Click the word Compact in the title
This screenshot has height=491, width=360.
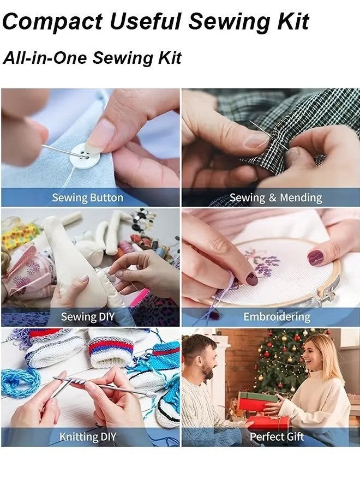click(52, 22)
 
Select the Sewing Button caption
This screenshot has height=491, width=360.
click(87, 197)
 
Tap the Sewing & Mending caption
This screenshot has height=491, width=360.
click(275, 197)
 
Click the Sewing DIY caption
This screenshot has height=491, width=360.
click(87, 316)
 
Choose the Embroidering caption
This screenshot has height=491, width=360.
click(277, 316)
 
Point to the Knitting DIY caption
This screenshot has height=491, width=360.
click(87, 436)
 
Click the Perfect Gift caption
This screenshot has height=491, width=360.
click(276, 436)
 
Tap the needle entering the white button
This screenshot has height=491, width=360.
click(63, 151)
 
